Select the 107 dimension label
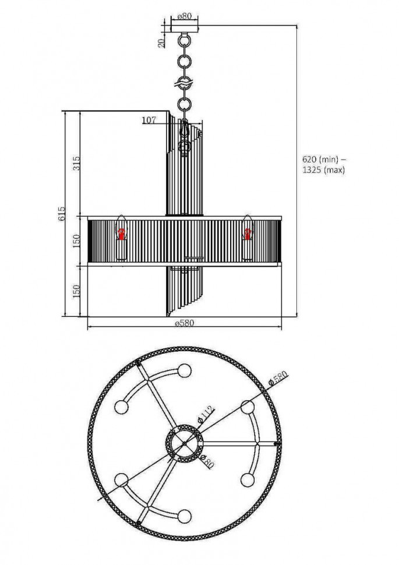coord(149,121)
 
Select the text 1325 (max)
coord(324,170)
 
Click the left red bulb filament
coord(122,234)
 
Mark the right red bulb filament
coord(248,234)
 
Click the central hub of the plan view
coord(185,444)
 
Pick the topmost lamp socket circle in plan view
coord(185,370)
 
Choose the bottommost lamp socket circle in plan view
coord(185,516)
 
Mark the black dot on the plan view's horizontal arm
coord(276,444)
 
